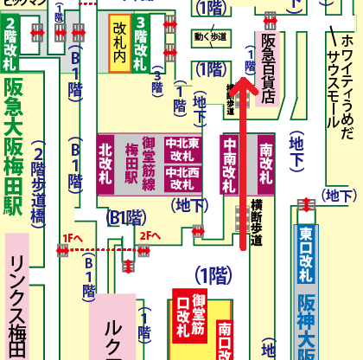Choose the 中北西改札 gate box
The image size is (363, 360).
[x=182, y=179]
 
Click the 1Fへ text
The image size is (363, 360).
[x=73, y=235]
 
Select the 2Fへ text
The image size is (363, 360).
[x=150, y=235]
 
